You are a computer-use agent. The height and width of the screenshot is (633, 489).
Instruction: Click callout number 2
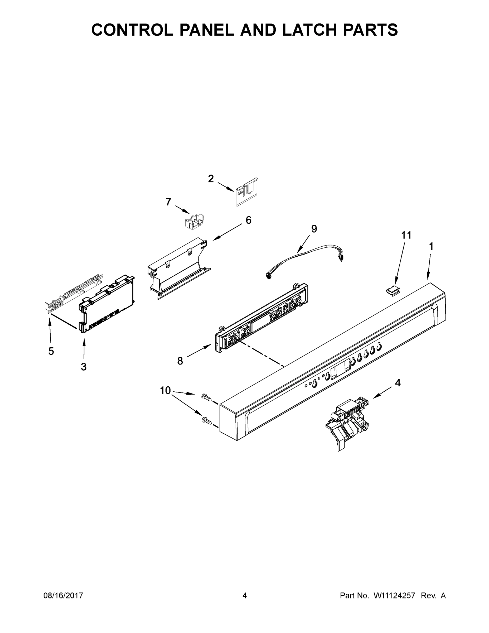[x=211, y=179]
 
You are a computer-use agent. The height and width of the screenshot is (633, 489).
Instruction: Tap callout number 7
[x=168, y=202]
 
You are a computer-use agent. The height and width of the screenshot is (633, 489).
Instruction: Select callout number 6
[x=248, y=220]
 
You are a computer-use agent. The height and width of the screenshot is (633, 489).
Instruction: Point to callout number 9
[x=314, y=229]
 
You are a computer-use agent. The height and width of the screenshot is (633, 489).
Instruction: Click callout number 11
[x=406, y=235]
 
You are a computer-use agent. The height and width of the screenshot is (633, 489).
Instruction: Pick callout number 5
[x=51, y=351]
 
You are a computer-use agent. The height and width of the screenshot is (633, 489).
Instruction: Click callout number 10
[x=165, y=391]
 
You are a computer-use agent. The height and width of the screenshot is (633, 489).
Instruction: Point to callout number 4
[x=398, y=383]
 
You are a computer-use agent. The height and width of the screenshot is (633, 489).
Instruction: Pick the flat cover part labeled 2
[x=246, y=191]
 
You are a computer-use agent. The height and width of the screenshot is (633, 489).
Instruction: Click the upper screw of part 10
[x=206, y=397]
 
